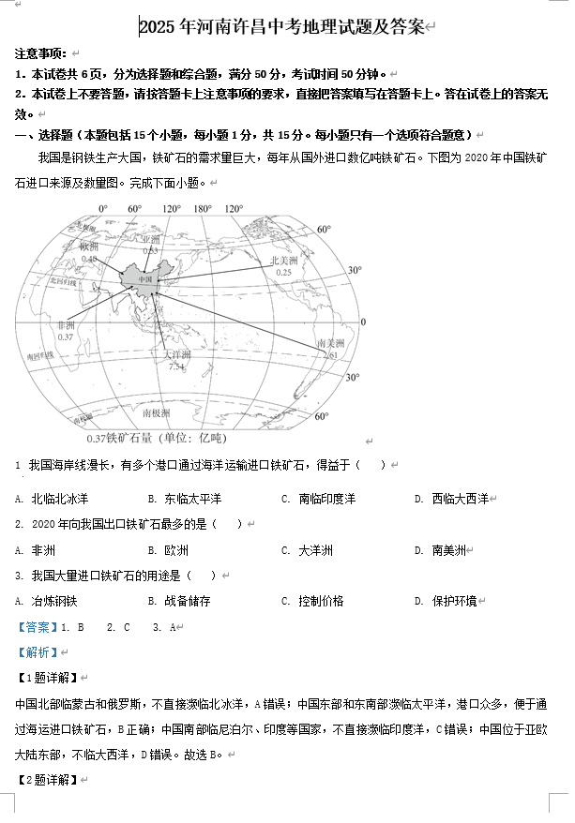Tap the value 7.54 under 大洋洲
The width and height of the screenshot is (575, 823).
pyautogui.click(x=176, y=367)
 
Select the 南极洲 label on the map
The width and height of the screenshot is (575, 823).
pyautogui.click(x=156, y=412)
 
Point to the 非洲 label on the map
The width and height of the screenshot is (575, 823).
pyautogui.click(x=65, y=325)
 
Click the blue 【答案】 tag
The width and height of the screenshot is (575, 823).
pyautogui.click(x=36, y=627)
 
